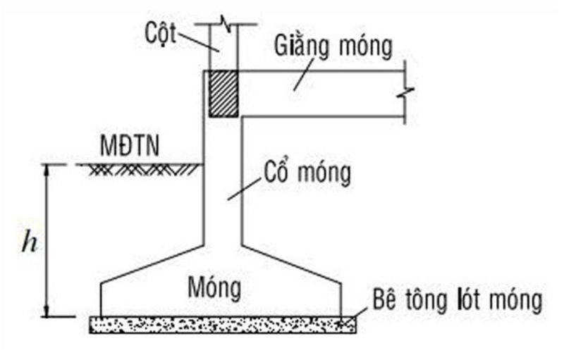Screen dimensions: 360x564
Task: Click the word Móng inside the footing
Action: pos(215,287)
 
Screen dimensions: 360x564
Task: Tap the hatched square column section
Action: pos(222,92)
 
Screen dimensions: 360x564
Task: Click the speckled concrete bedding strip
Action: pos(222,325)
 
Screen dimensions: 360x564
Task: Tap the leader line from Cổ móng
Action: pos(240,190)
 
